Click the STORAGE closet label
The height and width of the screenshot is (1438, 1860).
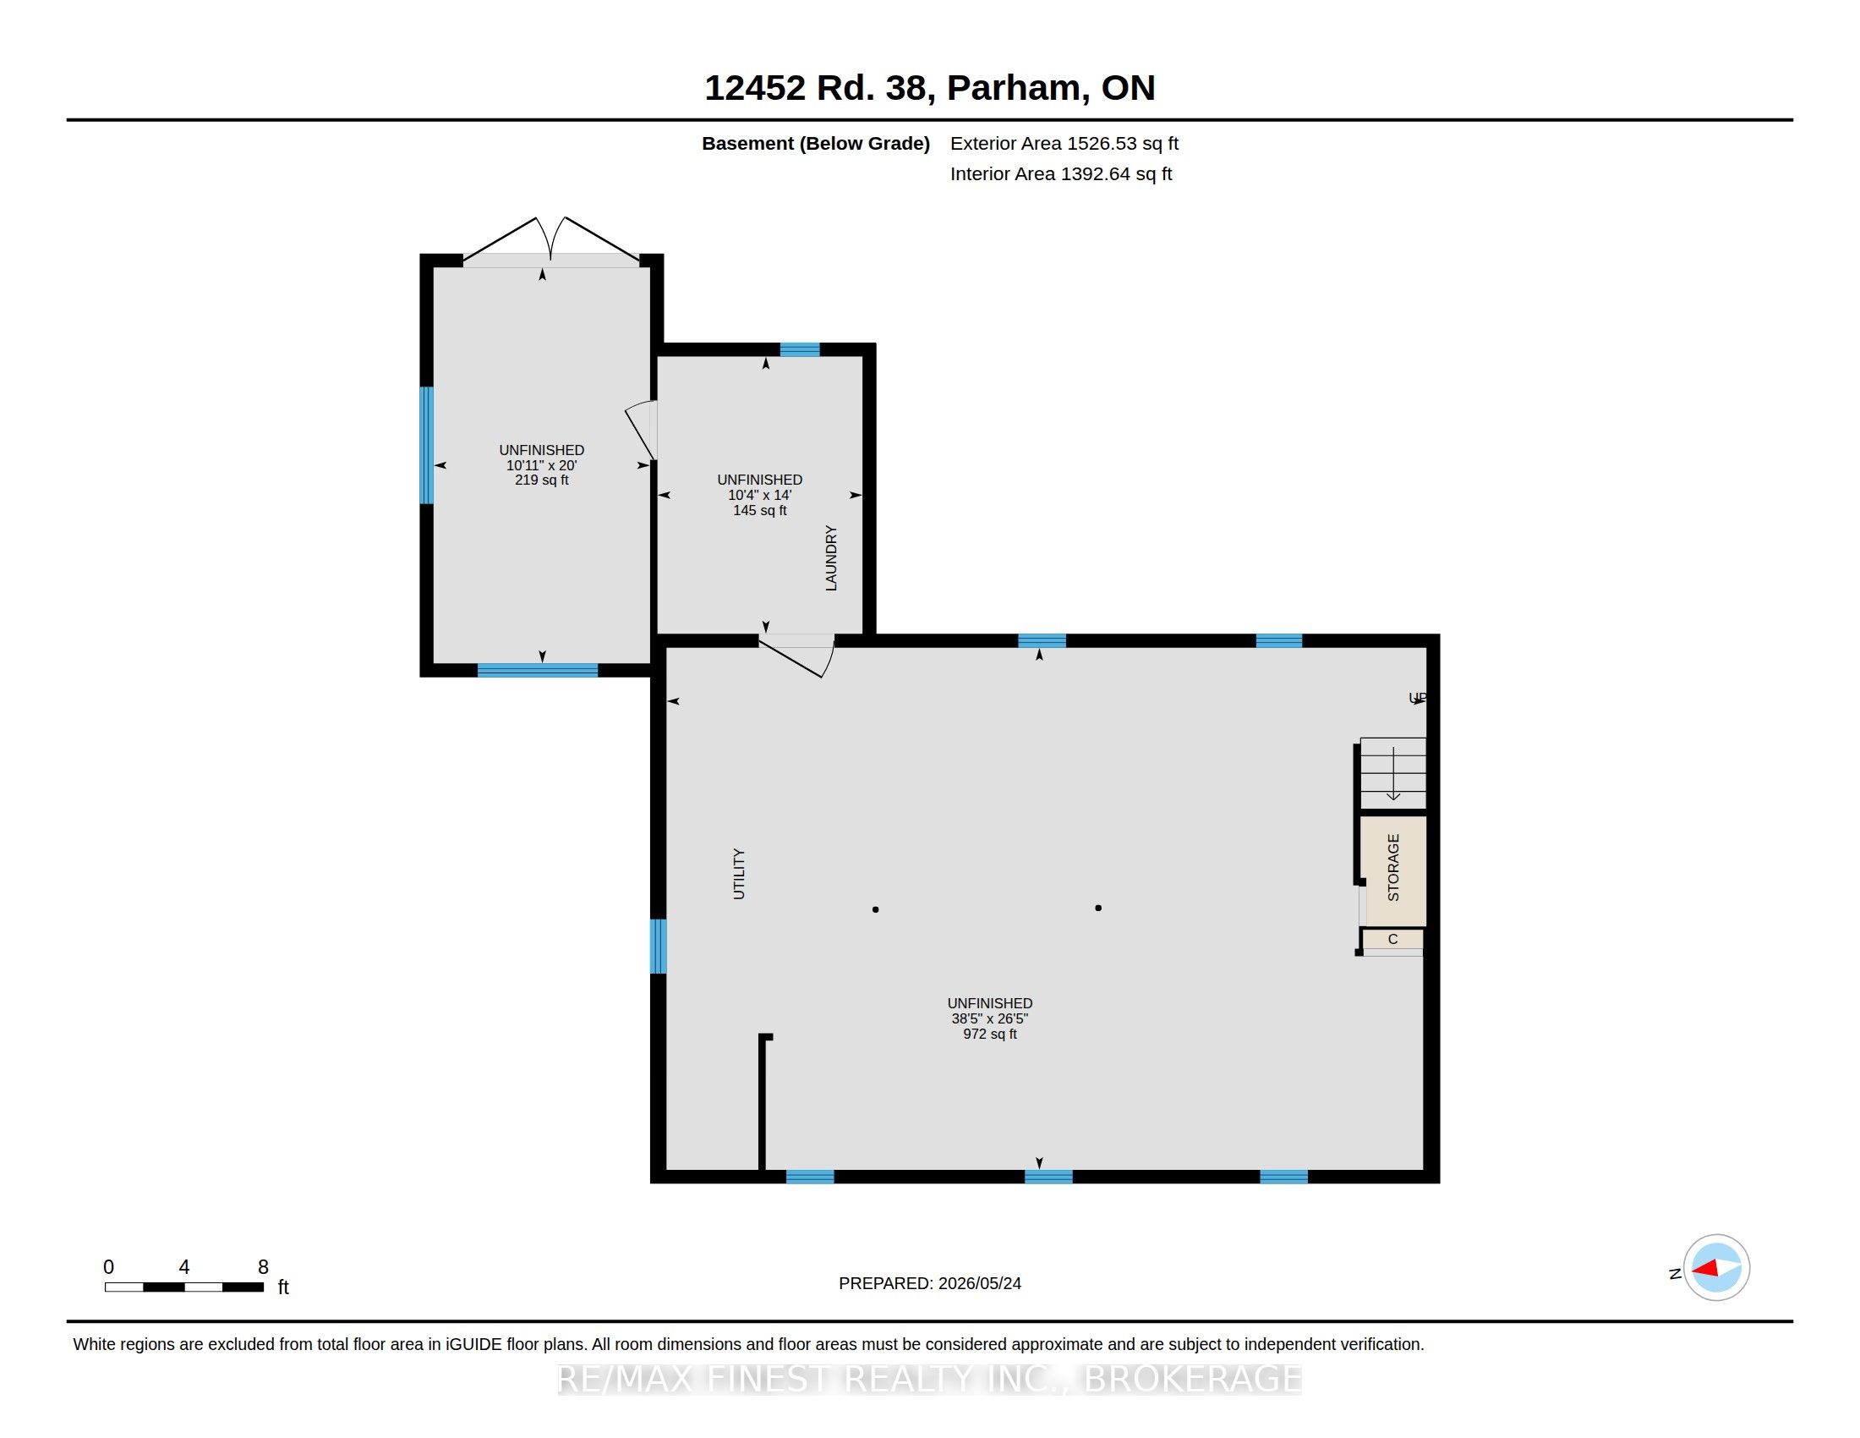pyautogui.click(x=1393, y=867)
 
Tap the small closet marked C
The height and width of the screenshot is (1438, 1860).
pyautogui.click(x=1392, y=939)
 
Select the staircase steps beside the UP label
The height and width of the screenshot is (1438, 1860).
pyautogui.click(x=1392, y=772)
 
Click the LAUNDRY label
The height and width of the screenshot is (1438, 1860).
pyautogui.click(x=831, y=558)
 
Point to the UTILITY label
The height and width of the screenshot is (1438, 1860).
pyautogui.click(x=738, y=874)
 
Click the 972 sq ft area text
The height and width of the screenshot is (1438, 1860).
pyautogui.click(x=990, y=1035)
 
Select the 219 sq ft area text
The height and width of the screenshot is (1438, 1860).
pyautogui.click(x=542, y=480)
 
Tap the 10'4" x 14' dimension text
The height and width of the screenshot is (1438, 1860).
pyautogui.click(x=760, y=495)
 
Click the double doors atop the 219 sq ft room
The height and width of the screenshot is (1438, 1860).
pyautogui.click(x=551, y=240)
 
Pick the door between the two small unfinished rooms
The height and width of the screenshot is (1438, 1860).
pyautogui.click(x=643, y=431)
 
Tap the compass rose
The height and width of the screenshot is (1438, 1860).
pyautogui.click(x=1716, y=1268)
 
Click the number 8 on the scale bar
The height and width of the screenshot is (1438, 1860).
pyautogui.click(x=263, y=1267)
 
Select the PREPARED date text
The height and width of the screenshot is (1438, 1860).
pyautogui.click(x=930, y=1283)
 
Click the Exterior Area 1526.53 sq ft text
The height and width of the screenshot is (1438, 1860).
pyautogui.click(x=1064, y=143)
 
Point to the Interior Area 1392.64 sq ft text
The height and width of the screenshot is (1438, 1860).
pyautogui.click(x=1061, y=173)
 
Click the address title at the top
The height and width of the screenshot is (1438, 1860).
pyautogui.click(x=930, y=88)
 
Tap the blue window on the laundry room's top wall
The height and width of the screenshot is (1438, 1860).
pyautogui.click(x=800, y=349)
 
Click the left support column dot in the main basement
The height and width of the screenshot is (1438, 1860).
pyautogui.click(x=876, y=910)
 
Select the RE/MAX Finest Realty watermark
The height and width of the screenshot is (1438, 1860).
pyautogui.click(x=930, y=1379)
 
